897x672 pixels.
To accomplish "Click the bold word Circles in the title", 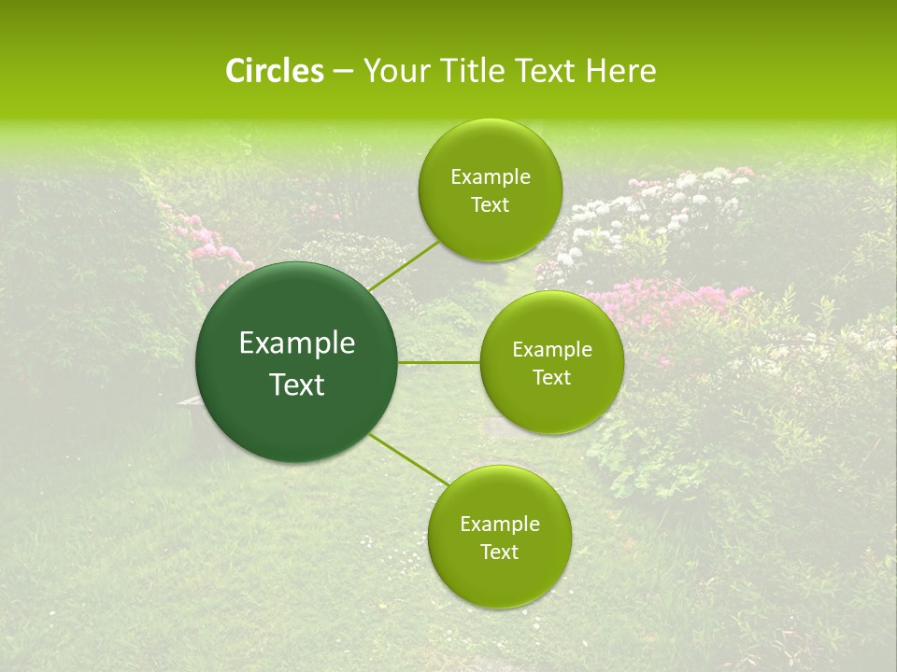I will coord(274,71).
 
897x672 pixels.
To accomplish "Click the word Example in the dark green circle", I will coord(297,343).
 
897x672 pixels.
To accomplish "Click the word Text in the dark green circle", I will coord(297,385).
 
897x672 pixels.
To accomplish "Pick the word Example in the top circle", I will coord(491,177).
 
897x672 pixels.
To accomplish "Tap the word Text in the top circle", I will coord(490,205).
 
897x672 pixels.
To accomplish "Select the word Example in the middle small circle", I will coord(552,350).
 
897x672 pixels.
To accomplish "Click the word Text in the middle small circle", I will coord(551,378).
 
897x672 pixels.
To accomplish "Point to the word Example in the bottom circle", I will coord(500,525).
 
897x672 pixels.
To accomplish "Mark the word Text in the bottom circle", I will coord(499,553).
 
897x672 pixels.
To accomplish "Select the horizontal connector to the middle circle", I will coord(439,362).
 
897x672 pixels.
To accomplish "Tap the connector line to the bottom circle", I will coord(409,460).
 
